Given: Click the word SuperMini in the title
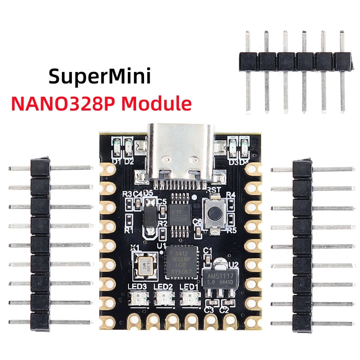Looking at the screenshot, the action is pos(100,76).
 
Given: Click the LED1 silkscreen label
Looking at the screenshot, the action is pos(187,286).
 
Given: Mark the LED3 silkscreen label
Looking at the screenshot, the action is pos(138,286).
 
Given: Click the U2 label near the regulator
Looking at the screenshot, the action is pos(234,265).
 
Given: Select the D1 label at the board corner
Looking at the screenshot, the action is pos(117,162).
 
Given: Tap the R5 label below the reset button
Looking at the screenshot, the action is pos(231,230).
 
